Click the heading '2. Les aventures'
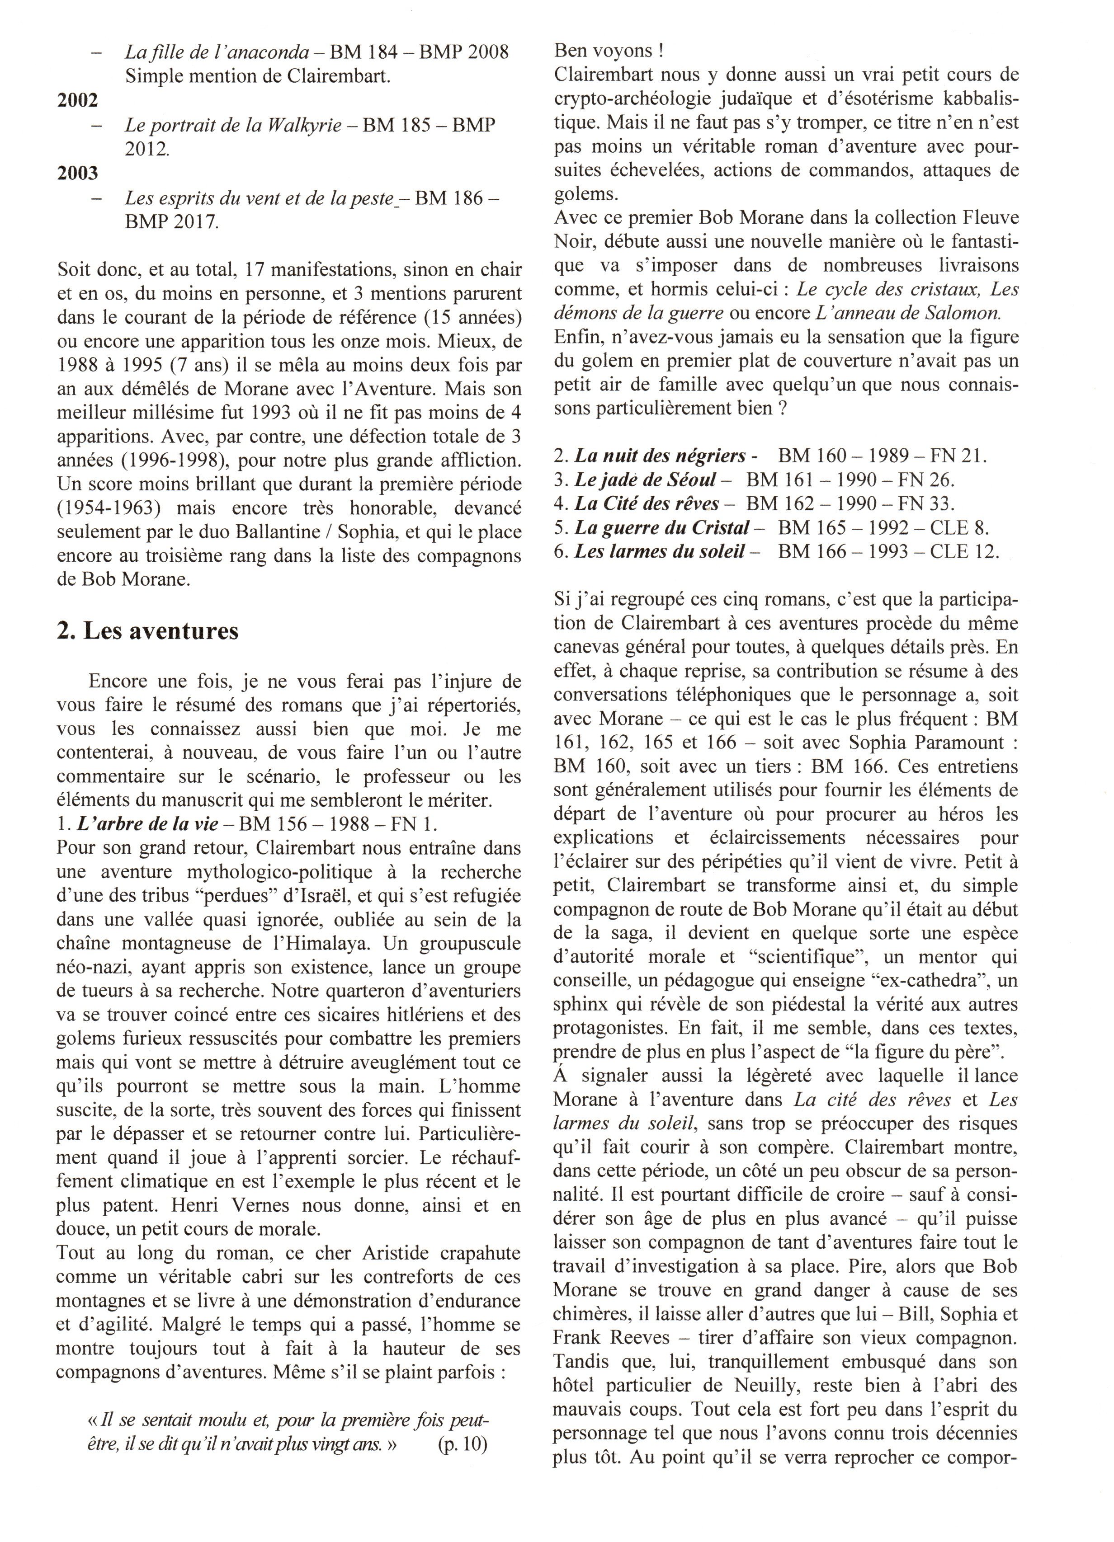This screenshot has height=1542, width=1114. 147,631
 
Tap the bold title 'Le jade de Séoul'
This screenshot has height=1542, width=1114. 646,480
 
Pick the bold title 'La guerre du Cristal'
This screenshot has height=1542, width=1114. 662,527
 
